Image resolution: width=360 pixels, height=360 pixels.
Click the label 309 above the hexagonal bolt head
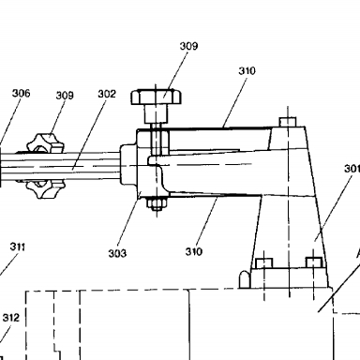(188, 46)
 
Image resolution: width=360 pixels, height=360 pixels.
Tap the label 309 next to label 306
(65, 96)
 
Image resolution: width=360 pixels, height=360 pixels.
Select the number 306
(22, 93)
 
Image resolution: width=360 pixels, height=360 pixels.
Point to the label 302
(107, 94)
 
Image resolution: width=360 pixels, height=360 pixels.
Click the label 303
(117, 253)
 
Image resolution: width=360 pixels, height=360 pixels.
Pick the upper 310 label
(247, 71)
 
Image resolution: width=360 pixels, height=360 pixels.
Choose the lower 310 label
(194, 251)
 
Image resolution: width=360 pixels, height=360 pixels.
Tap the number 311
(18, 247)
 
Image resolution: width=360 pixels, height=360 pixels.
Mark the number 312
(11, 318)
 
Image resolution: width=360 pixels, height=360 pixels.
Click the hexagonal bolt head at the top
(156, 97)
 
